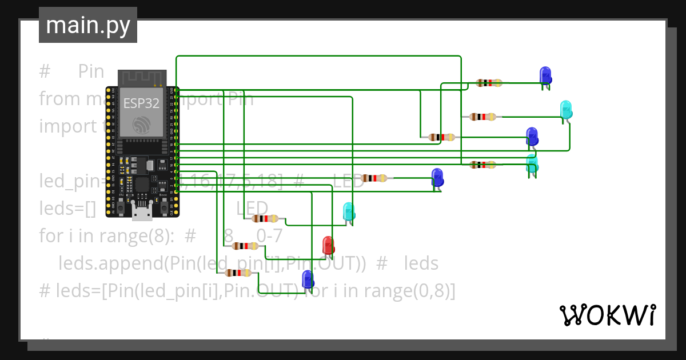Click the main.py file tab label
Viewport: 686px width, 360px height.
coord(87,25)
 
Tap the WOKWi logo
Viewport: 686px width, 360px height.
coord(607,315)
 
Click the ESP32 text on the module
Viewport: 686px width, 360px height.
coord(141,103)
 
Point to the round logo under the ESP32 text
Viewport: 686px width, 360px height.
coord(141,125)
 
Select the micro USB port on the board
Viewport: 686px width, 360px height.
coord(142,212)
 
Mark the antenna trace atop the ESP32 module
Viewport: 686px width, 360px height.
coord(142,78)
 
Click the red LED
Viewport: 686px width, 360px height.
coord(328,245)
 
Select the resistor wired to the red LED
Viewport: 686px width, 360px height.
coord(245,246)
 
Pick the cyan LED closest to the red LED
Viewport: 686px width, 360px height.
coord(348,212)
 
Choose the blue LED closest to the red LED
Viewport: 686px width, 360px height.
coord(308,279)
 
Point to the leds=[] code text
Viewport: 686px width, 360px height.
coord(67,209)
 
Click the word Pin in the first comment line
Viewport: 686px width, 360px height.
coord(91,71)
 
